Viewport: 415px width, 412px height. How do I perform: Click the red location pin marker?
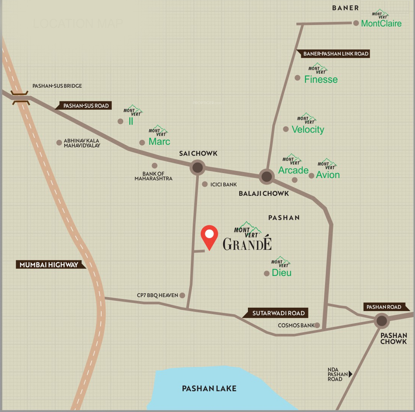[209, 236]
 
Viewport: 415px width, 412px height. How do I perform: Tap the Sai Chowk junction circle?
[198, 168]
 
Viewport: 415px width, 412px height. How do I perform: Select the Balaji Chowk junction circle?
[267, 176]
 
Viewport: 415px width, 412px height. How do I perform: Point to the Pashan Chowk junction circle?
[382, 320]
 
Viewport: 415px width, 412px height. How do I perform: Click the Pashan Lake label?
[209, 389]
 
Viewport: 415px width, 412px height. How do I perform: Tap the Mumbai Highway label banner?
[49, 265]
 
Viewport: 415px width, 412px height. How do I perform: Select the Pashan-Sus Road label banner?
[85, 106]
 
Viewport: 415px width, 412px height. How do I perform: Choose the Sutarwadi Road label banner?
[278, 313]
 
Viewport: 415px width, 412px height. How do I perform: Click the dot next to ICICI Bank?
[205, 184]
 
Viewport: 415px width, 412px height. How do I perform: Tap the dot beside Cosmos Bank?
[317, 325]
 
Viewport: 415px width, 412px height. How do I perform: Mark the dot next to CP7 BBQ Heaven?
[182, 295]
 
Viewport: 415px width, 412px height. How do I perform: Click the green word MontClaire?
[381, 23]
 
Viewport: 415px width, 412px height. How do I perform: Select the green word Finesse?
[321, 80]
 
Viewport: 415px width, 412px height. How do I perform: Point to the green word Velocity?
[308, 130]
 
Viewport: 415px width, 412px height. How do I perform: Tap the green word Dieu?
[282, 273]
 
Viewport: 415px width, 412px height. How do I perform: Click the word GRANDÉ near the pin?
[247, 244]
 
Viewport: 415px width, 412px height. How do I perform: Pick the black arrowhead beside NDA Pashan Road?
[351, 374]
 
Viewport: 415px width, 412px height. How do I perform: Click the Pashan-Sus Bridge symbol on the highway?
[20, 98]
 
